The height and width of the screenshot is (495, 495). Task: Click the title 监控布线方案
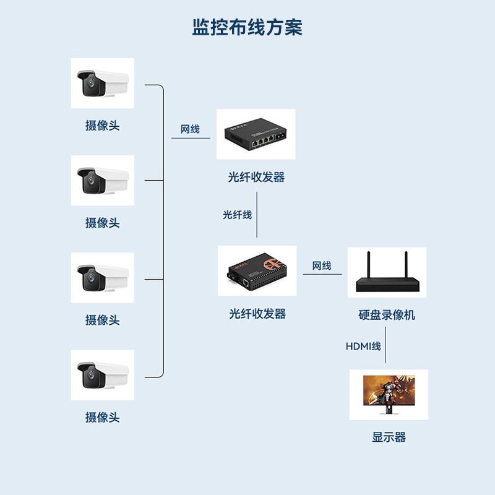click(247, 27)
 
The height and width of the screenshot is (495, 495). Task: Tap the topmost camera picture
click(102, 83)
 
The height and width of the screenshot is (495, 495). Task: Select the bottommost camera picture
click(102, 375)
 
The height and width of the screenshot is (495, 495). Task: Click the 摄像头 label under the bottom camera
click(102, 418)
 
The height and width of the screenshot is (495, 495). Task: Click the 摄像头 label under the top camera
click(102, 126)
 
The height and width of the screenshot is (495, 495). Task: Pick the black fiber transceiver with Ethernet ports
click(256, 134)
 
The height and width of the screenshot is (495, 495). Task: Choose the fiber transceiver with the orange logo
click(257, 271)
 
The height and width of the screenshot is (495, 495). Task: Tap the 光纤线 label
click(238, 215)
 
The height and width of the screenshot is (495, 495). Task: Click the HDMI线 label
click(363, 346)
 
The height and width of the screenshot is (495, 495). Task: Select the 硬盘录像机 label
click(387, 315)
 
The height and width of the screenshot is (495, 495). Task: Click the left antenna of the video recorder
click(368, 265)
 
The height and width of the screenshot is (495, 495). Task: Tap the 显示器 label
click(389, 437)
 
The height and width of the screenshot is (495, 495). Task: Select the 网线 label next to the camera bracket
click(190, 129)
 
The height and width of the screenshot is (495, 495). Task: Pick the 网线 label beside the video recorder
click(322, 266)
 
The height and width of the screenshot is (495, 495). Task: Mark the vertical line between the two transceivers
click(257, 215)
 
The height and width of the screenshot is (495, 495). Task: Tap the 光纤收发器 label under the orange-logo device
click(257, 314)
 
